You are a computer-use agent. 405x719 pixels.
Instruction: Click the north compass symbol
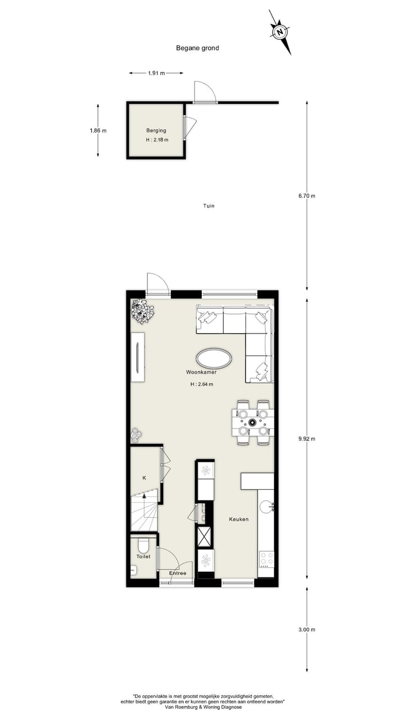[x=279, y=32]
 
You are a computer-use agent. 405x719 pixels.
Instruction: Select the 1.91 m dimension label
[x=156, y=73]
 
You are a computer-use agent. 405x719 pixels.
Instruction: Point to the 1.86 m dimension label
[x=98, y=130]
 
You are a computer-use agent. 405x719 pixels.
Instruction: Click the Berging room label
[x=156, y=130]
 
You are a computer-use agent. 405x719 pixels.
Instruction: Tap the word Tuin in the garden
[x=209, y=206]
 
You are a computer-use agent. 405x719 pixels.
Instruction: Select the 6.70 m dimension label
[x=307, y=195]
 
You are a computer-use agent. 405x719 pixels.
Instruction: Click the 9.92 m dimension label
[x=307, y=439]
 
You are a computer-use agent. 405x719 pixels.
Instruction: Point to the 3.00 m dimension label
[x=307, y=630]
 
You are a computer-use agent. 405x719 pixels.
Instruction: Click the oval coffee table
[x=214, y=358]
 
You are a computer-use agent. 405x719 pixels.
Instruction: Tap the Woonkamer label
[x=202, y=372]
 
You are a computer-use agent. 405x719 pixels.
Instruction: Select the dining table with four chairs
[x=253, y=422]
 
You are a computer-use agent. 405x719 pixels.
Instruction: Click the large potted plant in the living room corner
[x=143, y=311]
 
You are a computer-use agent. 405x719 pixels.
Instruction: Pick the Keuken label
[x=238, y=520]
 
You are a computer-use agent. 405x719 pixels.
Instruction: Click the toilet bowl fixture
[x=143, y=545]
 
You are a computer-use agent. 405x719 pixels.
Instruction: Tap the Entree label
[x=178, y=573]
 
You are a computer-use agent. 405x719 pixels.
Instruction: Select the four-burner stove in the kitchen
[x=266, y=559]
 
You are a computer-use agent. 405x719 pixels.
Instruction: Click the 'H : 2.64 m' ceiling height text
[x=202, y=384]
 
